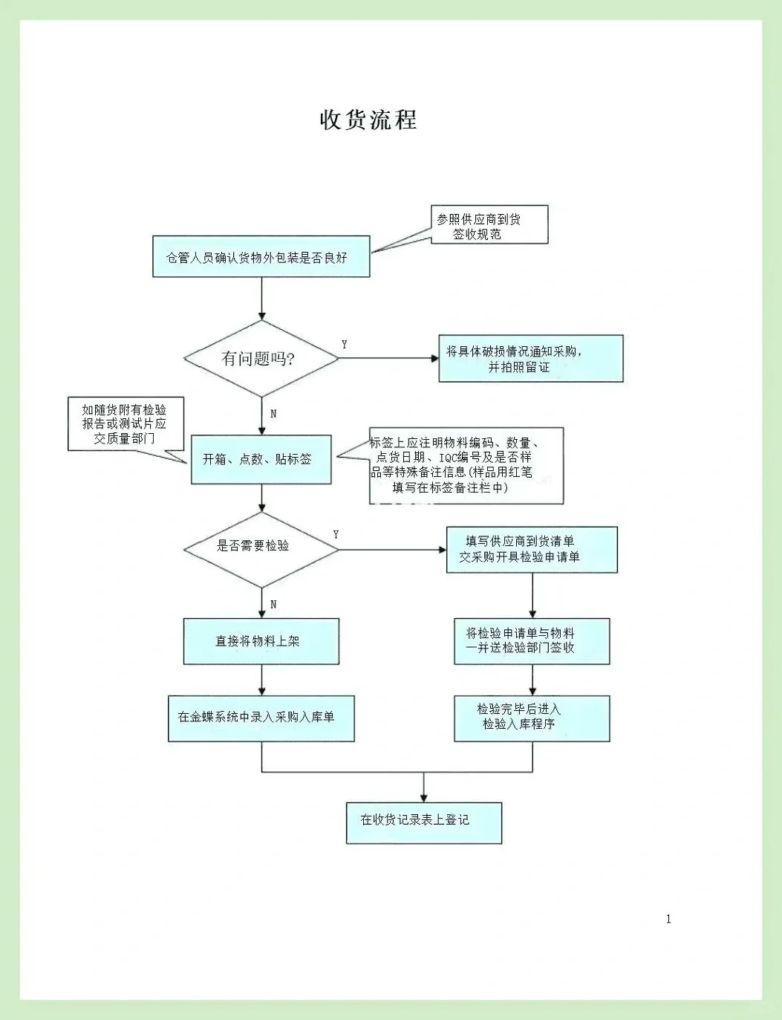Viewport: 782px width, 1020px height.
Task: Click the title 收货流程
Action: click(x=368, y=119)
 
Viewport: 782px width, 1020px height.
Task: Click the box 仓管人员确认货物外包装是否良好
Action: click(x=261, y=257)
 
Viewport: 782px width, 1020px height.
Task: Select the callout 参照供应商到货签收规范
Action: click(x=489, y=225)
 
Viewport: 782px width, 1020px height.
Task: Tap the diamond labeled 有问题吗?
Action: click(x=261, y=358)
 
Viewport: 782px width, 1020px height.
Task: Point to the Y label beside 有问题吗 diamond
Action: click(x=344, y=345)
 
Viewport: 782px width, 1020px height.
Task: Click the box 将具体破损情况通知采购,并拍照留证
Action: click(x=530, y=359)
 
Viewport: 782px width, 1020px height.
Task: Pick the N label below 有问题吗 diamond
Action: click(x=273, y=413)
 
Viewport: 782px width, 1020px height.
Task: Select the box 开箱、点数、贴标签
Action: click(x=261, y=459)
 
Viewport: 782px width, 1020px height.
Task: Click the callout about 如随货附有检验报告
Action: click(x=126, y=423)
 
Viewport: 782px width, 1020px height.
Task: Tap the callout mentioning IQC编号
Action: click(x=466, y=465)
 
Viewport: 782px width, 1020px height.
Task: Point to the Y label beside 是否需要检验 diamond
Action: click(x=336, y=534)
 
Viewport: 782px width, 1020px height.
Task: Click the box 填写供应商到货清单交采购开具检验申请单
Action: click(x=531, y=550)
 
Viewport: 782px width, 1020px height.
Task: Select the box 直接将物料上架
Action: click(x=261, y=641)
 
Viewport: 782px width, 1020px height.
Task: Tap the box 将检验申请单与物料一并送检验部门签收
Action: click(x=531, y=641)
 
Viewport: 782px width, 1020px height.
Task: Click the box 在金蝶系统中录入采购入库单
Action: click(x=261, y=718)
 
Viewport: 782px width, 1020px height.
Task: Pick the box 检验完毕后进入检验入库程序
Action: click(x=531, y=718)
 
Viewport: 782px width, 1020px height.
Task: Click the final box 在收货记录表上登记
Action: click(x=423, y=822)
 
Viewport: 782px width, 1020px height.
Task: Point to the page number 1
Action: click(x=668, y=919)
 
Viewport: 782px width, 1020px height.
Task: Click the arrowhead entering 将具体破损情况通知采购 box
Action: click(x=435, y=358)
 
